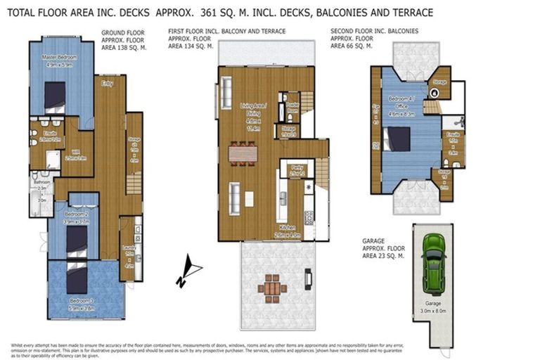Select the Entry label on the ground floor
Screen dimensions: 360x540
point(108,83)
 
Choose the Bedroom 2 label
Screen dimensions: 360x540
point(76,217)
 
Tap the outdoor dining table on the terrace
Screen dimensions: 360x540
point(272,287)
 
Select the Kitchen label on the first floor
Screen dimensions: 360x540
point(288,233)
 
